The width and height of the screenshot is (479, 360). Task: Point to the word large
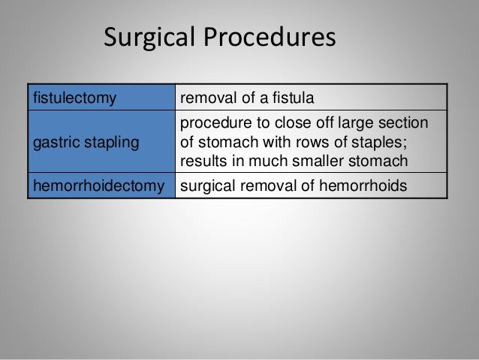click(x=366, y=123)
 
